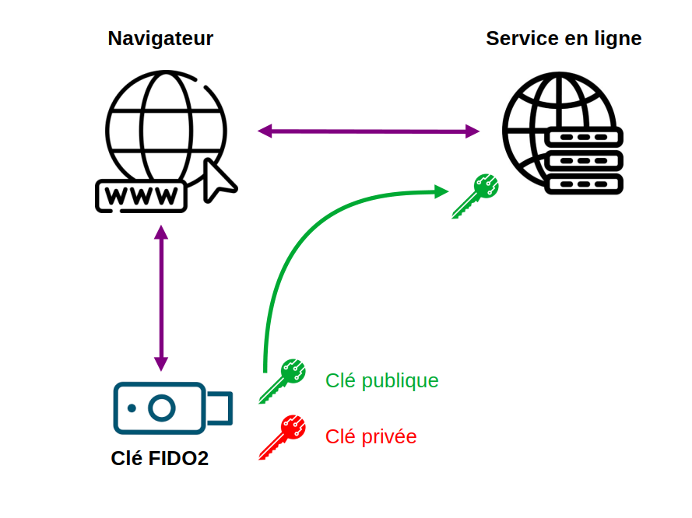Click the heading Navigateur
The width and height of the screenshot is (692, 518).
point(160,38)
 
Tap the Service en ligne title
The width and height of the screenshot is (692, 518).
point(564,38)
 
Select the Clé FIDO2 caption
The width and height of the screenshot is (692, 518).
point(160,458)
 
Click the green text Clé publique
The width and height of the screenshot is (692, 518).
point(381,381)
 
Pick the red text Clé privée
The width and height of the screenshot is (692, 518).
point(371,436)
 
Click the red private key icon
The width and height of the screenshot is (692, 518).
point(283,437)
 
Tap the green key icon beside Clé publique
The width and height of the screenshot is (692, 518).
point(283,381)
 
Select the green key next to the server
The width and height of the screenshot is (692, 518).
point(476,196)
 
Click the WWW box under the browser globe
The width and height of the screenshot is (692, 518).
point(141,196)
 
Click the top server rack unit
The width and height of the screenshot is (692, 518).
point(584,137)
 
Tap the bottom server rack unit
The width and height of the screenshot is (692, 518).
point(584,184)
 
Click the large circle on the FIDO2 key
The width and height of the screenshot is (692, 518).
point(162,408)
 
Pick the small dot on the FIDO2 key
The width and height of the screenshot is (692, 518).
point(132,408)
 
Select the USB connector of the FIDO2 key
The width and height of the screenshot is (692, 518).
point(220,408)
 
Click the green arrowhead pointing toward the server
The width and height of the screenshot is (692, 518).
point(441,192)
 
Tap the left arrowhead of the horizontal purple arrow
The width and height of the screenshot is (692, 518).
point(265,131)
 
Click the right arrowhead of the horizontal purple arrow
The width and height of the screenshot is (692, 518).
point(472,131)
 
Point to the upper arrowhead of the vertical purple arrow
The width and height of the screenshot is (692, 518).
point(161,233)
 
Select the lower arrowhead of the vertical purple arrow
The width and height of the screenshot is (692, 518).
point(161,364)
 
